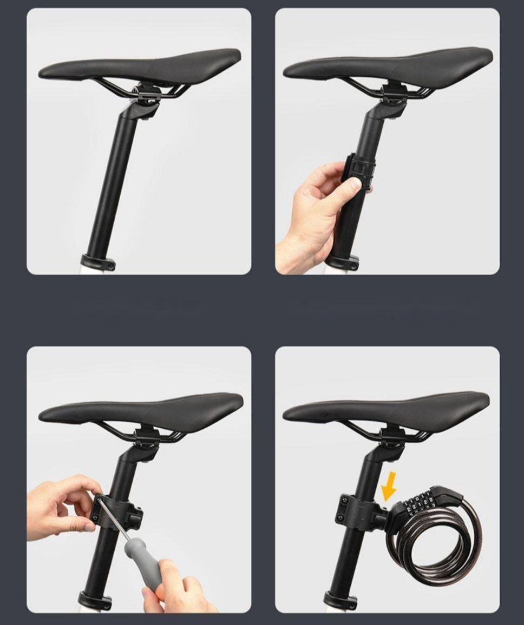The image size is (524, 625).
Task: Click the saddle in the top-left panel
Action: click(x=141, y=66)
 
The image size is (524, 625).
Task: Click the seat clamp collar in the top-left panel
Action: click(x=99, y=262)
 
